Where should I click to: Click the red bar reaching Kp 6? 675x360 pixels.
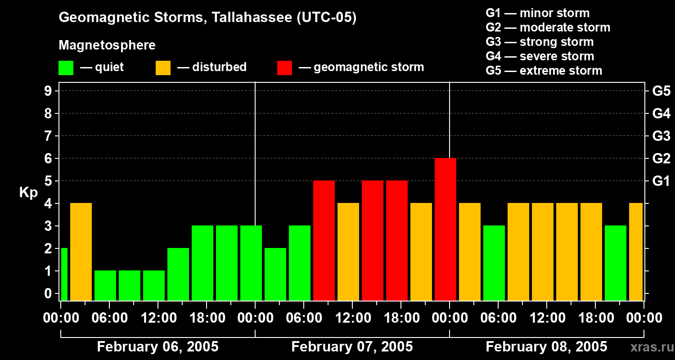(445, 229)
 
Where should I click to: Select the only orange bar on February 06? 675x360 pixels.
(81, 252)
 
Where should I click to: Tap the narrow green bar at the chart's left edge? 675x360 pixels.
(64, 274)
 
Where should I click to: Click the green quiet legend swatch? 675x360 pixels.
(66, 67)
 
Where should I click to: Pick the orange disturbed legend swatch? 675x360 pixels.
(163, 67)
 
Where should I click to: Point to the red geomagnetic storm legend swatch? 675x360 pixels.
(284, 67)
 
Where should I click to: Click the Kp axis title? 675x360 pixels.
(28, 193)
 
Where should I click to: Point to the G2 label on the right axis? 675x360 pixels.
(661, 159)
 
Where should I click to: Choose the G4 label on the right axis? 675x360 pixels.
(661, 114)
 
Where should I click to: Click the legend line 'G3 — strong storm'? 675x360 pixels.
(540, 42)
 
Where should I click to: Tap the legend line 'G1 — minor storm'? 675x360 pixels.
(537, 13)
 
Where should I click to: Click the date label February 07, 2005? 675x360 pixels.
(352, 347)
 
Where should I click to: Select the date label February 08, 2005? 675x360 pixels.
(546, 347)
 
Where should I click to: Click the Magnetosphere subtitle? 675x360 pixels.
(107, 45)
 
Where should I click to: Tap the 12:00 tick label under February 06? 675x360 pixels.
(158, 318)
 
